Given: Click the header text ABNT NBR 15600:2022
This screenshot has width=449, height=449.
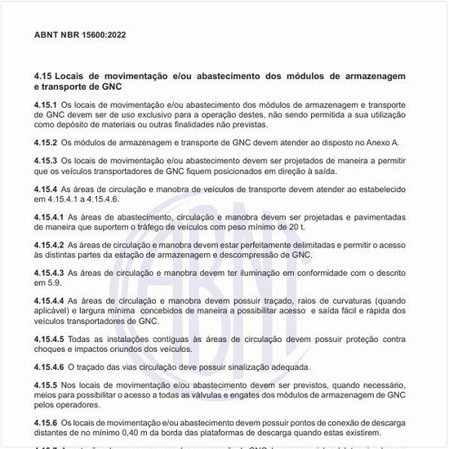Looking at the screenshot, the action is point(80,36).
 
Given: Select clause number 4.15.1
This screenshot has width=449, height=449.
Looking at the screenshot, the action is point(46,104).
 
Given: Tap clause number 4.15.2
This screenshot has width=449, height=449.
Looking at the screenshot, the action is point(46,142).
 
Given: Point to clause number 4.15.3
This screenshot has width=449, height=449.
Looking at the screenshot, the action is point(46,160).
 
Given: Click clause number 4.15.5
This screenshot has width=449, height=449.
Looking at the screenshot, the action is point(46,385).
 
